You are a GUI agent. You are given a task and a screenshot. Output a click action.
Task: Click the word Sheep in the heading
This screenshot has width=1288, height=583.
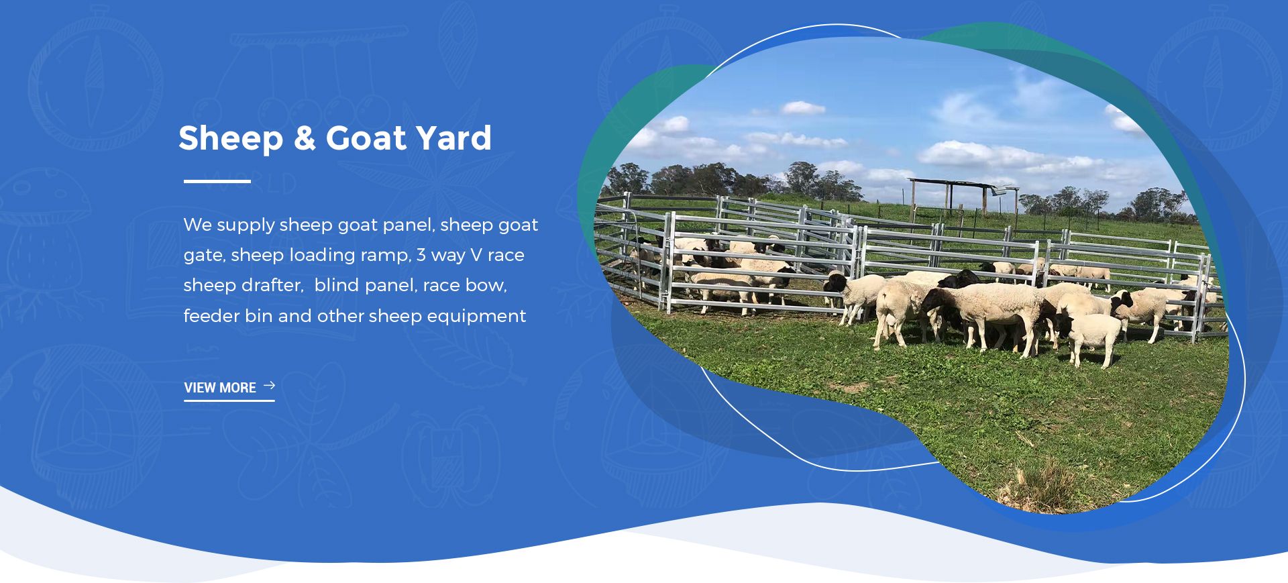tap(231, 140)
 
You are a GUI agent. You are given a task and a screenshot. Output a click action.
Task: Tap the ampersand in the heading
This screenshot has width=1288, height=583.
tap(305, 138)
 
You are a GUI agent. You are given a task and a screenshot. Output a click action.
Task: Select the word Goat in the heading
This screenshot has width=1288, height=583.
tap(366, 138)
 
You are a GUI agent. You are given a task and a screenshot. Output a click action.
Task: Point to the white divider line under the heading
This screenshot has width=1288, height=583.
tap(217, 181)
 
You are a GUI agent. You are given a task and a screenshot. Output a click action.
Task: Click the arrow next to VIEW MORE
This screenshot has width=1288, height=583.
tap(270, 385)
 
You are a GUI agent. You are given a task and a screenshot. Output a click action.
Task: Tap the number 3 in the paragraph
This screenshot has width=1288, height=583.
tap(421, 255)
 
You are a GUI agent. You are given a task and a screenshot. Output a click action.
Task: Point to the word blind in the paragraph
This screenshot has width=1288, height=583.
tap(336, 285)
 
